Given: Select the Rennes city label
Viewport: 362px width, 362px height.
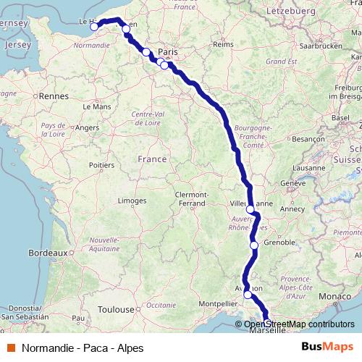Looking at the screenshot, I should click(x=54, y=96).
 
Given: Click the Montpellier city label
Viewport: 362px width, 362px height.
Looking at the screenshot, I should click(x=218, y=304).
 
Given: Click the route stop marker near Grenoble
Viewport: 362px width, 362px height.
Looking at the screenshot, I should click(x=254, y=245).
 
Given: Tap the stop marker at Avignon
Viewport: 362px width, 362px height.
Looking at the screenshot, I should click(x=248, y=295).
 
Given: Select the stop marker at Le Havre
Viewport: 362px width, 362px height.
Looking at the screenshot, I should click(x=94, y=27).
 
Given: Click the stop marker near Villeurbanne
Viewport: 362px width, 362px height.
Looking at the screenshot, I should click(x=251, y=209).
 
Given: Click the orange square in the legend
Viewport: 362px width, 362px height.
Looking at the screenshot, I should click(x=12, y=348).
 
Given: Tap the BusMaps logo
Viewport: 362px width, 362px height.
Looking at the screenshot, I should click(x=328, y=348).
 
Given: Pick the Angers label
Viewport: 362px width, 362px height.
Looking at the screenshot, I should click(x=87, y=127).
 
